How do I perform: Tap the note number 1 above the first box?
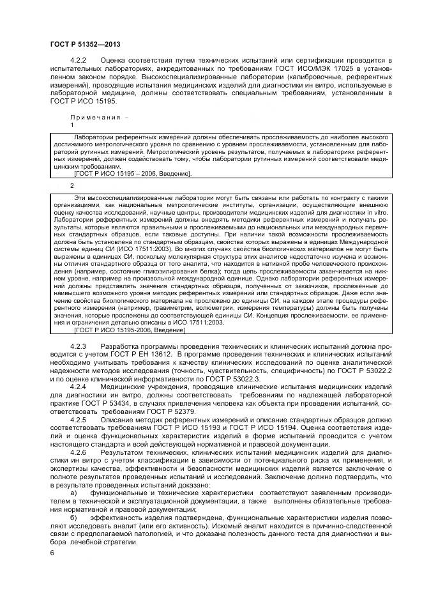coord(72,125)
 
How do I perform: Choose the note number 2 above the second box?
coord(72,185)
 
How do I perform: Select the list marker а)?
coord(73,494)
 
